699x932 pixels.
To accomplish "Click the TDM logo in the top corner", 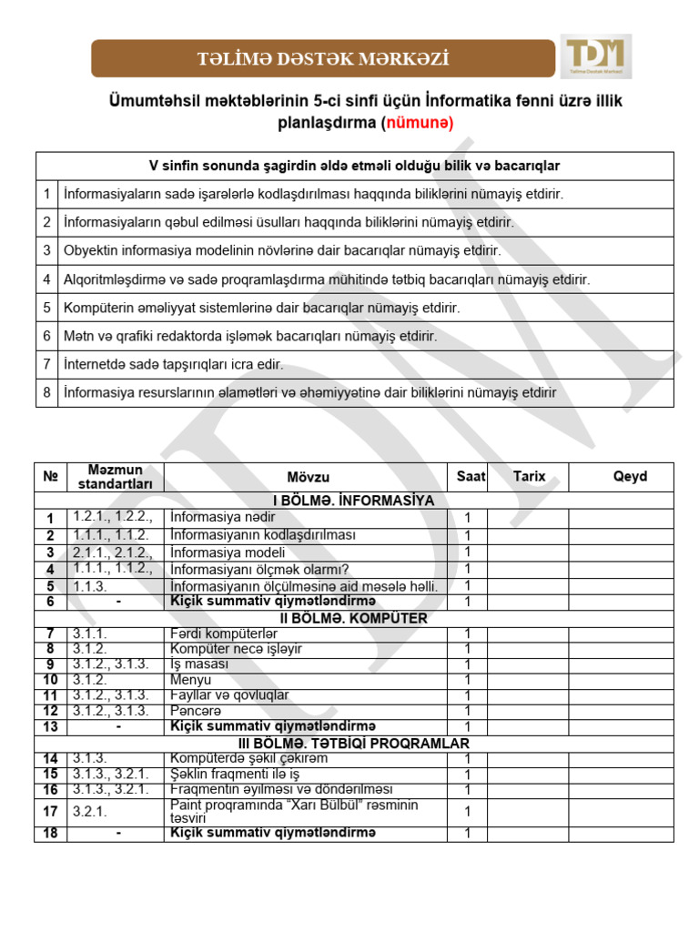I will (x=596, y=56).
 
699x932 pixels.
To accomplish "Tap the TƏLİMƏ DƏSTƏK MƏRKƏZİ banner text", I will (x=324, y=60).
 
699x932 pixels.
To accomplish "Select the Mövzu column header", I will (x=309, y=477).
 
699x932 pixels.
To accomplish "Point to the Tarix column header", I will (x=529, y=477).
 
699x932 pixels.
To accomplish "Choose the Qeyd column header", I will (x=630, y=477).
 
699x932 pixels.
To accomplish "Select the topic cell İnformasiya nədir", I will (x=223, y=518).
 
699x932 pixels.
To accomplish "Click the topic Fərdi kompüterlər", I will (x=224, y=633).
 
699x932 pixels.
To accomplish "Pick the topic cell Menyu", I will (x=191, y=680).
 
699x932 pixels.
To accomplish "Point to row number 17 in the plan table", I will (x=51, y=811).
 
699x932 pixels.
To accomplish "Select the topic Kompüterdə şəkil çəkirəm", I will (x=248, y=758).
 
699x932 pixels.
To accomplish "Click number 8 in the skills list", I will (x=46, y=392).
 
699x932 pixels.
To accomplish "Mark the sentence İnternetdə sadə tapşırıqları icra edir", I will (x=174, y=364).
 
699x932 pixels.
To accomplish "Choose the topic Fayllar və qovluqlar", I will (x=229, y=694).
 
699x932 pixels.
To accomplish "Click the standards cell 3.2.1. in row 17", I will (x=92, y=811).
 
